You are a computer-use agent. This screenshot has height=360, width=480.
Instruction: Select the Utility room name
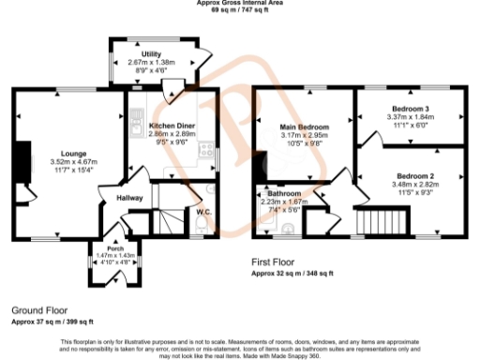click(151, 53)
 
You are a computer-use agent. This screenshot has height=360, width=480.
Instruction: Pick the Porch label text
click(112, 247)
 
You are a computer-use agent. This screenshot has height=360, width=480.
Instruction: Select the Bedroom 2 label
click(413, 176)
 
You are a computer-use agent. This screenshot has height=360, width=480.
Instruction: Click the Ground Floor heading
click(39, 309)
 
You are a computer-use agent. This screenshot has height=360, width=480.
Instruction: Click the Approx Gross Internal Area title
click(240, 3)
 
